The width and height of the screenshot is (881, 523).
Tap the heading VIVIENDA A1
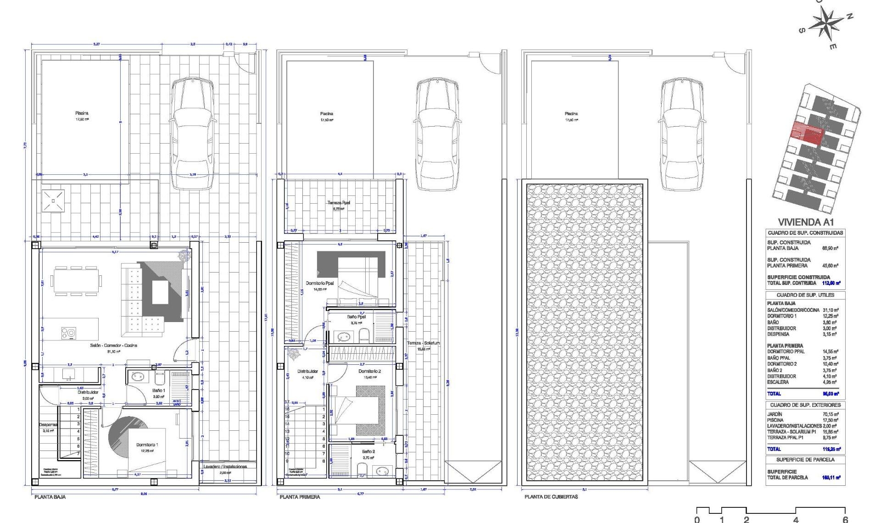(x=805, y=222)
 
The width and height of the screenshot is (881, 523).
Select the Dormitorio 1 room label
(x=147, y=445)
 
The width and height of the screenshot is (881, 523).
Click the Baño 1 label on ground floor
(x=159, y=390)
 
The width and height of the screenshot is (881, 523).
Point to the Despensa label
(x=48, y=425)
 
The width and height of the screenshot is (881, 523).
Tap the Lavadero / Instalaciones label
(x=225, y=467)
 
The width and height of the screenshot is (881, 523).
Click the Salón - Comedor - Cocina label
(x=114, y=345)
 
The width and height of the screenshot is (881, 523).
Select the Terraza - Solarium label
(x=423, y=343)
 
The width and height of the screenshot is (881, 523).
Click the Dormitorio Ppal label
(x=319, y=283)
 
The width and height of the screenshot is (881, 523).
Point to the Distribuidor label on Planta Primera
(x=307, y=371)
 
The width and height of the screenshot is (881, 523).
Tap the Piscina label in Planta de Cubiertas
(x=571, y=114)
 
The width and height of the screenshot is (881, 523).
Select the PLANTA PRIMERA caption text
(x=300, y=497)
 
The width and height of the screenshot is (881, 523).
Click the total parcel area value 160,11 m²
(x=831, y=478)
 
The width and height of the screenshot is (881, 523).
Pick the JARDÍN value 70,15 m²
(x=831, y=414)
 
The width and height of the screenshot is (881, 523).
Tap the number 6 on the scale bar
(x=845, y=520)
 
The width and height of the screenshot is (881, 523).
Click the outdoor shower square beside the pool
(x=53, y=201)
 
